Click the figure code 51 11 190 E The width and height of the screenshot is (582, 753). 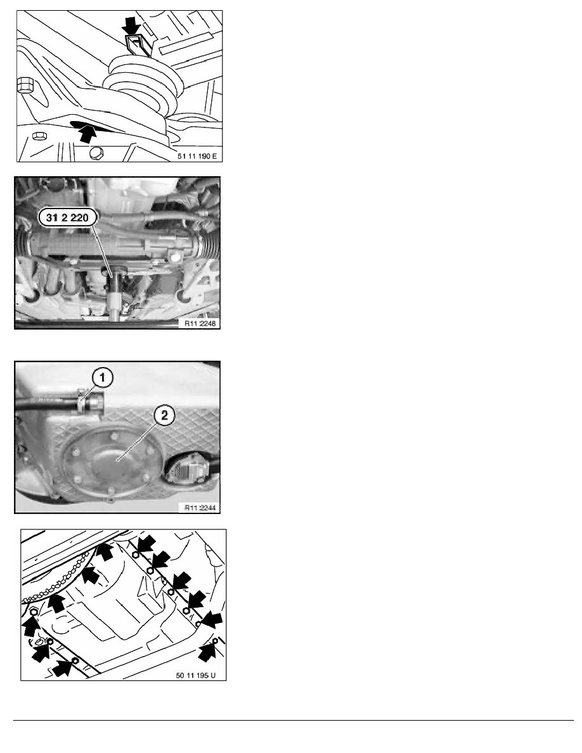click(x=197, y=157)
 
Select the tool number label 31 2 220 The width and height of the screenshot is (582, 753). click(x=67, y=218)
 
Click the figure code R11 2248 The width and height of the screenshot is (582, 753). click(x=200, y=323)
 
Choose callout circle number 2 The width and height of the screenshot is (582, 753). click(x=164, y=415)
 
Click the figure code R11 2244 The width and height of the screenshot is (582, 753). click(x=200, y=507)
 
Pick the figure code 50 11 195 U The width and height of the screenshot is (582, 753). click(x=195, y=675)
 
